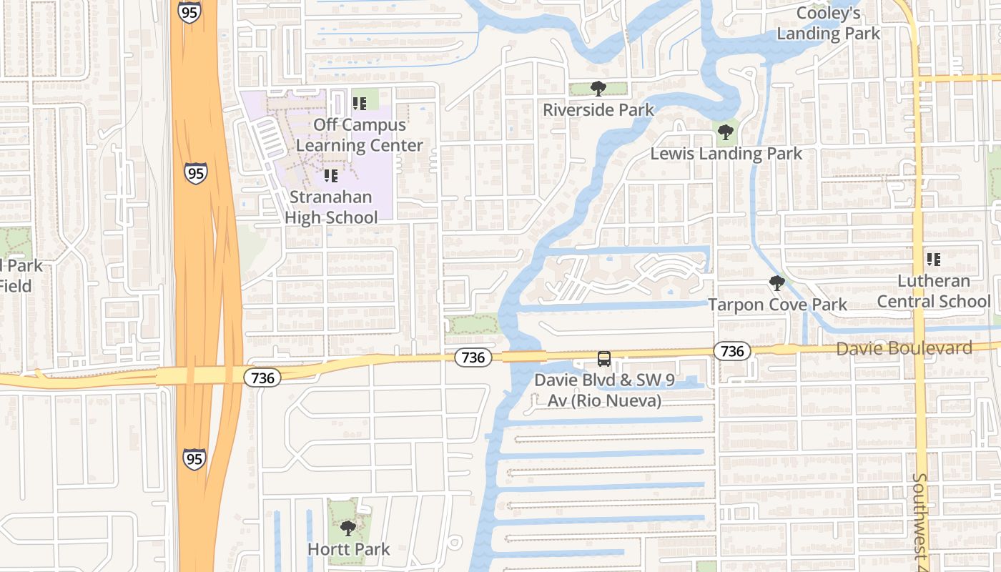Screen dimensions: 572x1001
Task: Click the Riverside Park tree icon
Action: pos(598,89)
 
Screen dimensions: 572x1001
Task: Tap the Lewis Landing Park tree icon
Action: pos(725,132)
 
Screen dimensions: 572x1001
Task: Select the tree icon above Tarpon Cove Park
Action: pos(776,284)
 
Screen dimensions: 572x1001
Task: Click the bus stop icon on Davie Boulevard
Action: pos(604,358)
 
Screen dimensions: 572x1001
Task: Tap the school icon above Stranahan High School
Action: pos(330,175)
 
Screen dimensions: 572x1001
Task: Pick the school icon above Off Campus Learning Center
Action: pos(360,104)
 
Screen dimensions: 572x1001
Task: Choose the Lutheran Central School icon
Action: pos(933,260)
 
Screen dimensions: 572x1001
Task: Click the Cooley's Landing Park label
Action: pos(829,23)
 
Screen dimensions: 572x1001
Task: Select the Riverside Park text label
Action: pos(598,110)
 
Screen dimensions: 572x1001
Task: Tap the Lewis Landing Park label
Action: pos(726,154)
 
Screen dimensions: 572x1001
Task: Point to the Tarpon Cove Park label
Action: pos(777,305)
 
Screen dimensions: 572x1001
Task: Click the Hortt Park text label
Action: pos(348,549)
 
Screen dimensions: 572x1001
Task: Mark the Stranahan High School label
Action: pos(331,207)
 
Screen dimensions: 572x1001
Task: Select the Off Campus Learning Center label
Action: pos(360,135)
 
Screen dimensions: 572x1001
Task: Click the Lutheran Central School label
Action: pos(934,291)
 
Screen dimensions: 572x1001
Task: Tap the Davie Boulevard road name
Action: pos(904,348)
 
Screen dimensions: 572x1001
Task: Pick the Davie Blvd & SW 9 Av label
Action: pos(605,390)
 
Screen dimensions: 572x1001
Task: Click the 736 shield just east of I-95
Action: pos(262,378)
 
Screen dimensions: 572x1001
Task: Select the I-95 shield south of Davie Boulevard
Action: pos(194,458)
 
